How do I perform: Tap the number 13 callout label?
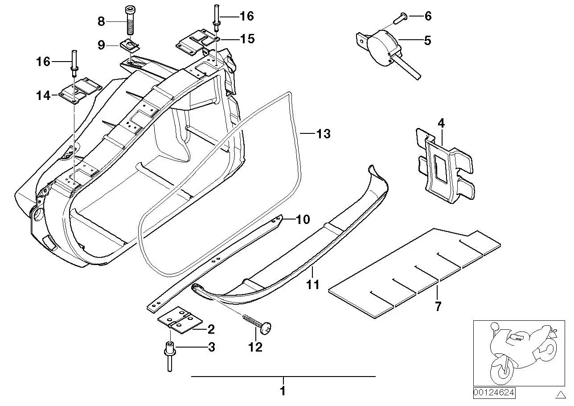click(324, 134)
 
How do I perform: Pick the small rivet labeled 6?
click(401, 19)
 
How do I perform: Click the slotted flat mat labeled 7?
click(414, 273)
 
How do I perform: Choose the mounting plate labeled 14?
click(80, 91)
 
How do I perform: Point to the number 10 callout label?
click(303, 220)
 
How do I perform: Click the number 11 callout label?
click(313, 285)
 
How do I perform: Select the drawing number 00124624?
click(494, 393)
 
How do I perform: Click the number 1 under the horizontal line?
click(283, 391)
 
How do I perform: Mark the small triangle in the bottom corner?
click(562, 394)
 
